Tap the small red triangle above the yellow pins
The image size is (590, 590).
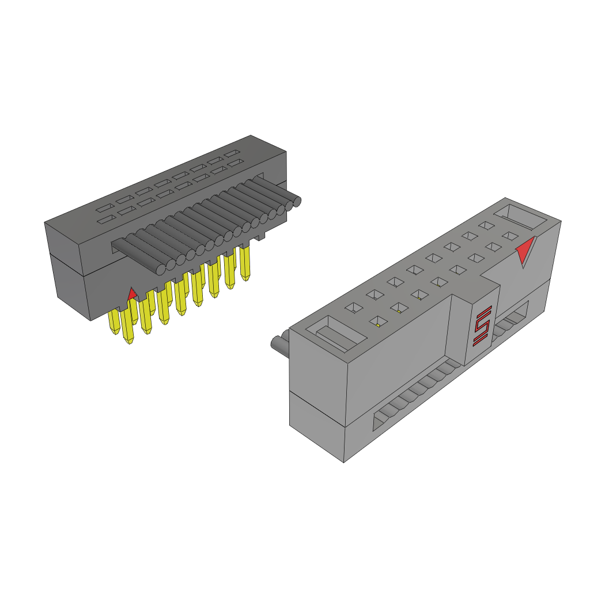click(x=132, y=294)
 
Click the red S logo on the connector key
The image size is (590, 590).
click(x=482, y=327)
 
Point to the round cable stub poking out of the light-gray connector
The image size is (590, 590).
click(x=279, y=344)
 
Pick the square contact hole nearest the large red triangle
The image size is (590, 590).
click(x=509, y=235)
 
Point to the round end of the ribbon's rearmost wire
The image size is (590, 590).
click(x=297, y=201)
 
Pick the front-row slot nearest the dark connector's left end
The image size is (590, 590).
click(x=105, y=220)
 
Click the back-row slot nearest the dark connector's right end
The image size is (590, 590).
click(x=233, y=154)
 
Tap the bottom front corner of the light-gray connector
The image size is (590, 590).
click(x=344, y=462)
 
